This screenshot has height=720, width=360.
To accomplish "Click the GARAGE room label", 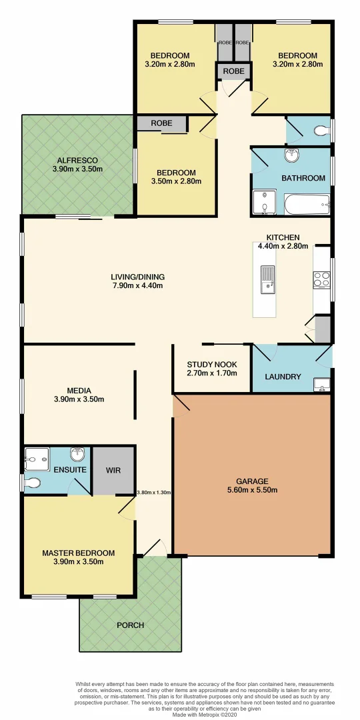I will (251, 481).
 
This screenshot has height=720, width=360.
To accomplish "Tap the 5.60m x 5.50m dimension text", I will (251, 490).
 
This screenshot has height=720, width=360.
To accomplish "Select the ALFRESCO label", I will (77, 160).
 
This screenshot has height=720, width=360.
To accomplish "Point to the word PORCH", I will (130, 625).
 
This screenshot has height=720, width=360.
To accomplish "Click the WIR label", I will (113, 469).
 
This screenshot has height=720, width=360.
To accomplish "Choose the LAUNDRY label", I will (283, 377).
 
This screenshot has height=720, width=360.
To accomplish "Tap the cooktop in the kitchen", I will (321, 279).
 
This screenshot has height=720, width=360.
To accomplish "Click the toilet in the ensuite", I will (32, 481).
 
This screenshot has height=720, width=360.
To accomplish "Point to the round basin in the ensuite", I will (79, 455).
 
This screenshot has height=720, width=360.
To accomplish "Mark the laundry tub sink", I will (321, 384).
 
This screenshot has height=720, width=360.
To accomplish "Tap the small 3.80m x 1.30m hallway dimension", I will (154, 493).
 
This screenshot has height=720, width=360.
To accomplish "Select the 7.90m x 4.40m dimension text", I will (137, 286).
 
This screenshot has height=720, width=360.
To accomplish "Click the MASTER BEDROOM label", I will (78, 553).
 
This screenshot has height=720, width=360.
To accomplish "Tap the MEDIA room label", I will (79, 391).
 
